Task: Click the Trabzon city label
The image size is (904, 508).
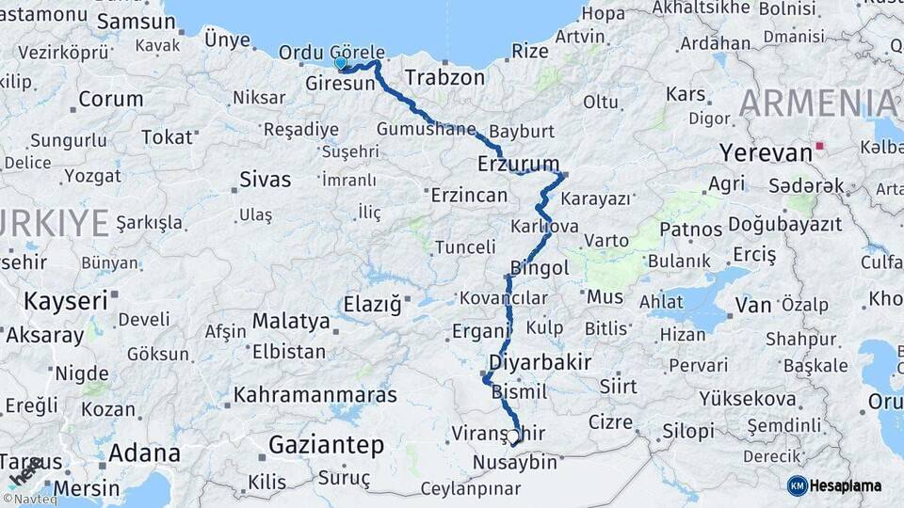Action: click(x=444, y=77)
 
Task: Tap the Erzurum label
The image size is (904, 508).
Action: click(x=518, y=163)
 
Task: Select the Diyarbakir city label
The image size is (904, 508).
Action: click(x=540, y=362)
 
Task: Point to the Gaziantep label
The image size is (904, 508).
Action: click(x=326, y=445)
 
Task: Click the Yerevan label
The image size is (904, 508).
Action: click(x=766, y=152)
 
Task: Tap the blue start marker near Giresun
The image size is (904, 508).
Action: click(x=341, y=63)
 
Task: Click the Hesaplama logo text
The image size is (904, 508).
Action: click(x=846, y=485)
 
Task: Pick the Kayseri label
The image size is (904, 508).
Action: click(x=65, y=302)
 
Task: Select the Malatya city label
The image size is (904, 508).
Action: click(x=291, y=321)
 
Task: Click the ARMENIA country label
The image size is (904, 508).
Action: click(x=817, y=103)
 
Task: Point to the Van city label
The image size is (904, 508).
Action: click(x=752, y=304)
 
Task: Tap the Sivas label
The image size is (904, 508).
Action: click(x=265, y=179)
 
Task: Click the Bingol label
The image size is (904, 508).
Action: click(x=540, y=268)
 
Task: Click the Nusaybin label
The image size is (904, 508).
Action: click(x=514, y=463)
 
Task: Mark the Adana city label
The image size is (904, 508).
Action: click(x=144, y=452)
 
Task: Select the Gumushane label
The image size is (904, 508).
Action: click(x=426, y=129)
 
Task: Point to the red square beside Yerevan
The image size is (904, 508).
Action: click(x=820, y=146)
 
